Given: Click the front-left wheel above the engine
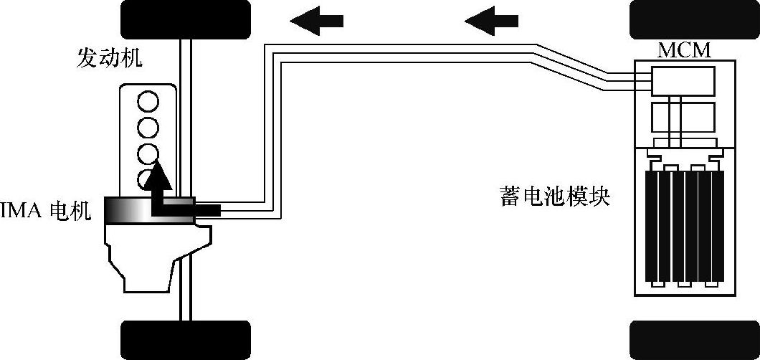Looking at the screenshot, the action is click(186, 19).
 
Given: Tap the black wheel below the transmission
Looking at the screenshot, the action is click(186, 340).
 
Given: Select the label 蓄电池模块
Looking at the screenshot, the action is click(554, 196).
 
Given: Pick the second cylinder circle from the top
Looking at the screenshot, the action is click(148, 128).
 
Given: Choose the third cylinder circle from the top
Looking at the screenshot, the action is click(148, 153).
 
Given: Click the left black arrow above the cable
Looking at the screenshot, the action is click(316, 20).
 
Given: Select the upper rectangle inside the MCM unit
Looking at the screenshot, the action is click(683, 80).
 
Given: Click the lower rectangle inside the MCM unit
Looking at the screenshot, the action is click(683, 116).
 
